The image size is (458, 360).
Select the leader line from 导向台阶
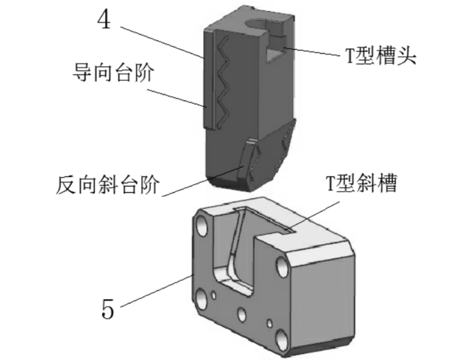176,97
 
